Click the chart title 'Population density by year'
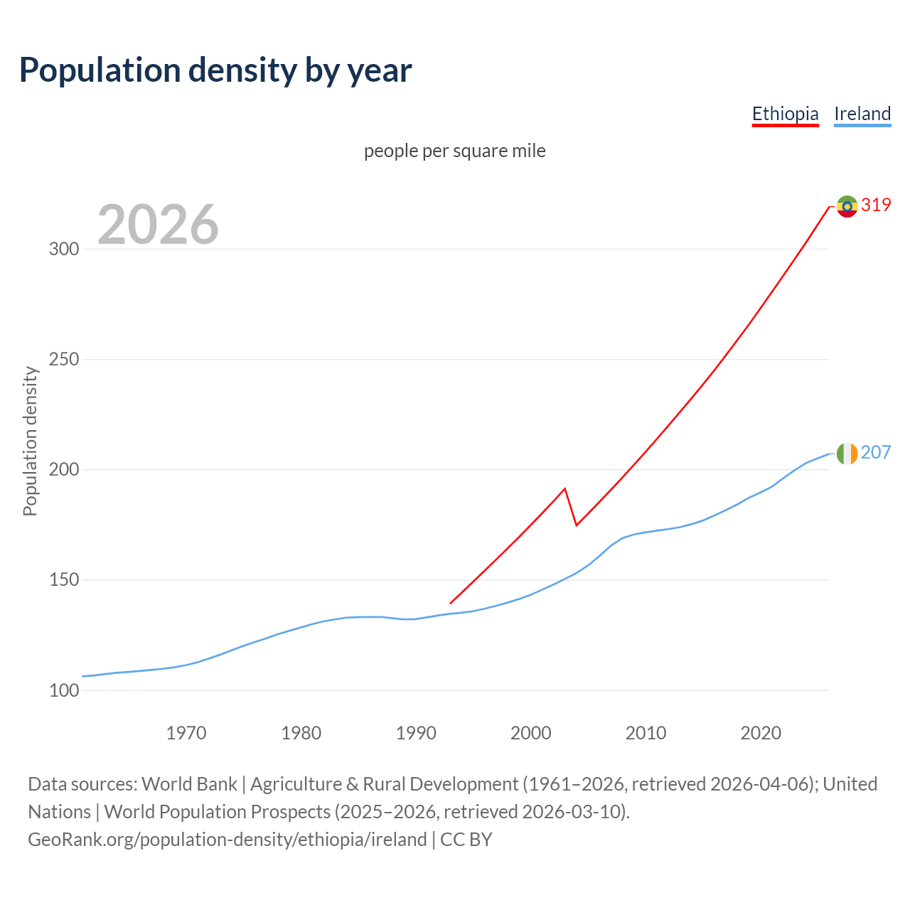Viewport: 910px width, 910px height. tap(215, 70)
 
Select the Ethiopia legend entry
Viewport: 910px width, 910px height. tap(785, 114)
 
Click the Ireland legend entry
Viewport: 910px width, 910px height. tap(862, 114)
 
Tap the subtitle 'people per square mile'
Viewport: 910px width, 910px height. tap(454, 151)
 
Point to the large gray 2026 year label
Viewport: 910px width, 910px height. tap(158, 225)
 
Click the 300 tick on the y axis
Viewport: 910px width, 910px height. tap(63, 249)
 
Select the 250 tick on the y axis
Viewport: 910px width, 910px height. tap(63, 359)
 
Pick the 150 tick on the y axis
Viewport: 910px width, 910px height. tap(63, 580)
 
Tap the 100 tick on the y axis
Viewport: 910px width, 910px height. tap(63, 690)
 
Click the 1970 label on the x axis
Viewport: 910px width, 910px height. tap(186, 733)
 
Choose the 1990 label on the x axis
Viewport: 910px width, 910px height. tap(416, 733)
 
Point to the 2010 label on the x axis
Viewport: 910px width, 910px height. tap(646, 733)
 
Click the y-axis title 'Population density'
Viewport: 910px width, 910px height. tap(30, 441)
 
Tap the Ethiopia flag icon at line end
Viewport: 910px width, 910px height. tap(847, 206)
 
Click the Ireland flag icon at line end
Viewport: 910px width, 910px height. tap(847, 454)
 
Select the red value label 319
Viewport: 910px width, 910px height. tap(876, 205)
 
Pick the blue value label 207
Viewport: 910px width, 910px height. tap(876, 453)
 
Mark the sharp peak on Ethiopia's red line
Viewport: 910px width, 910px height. tap(564, 488)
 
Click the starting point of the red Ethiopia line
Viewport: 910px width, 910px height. tap(451, 603)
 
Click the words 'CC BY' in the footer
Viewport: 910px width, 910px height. tap(466, 840)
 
